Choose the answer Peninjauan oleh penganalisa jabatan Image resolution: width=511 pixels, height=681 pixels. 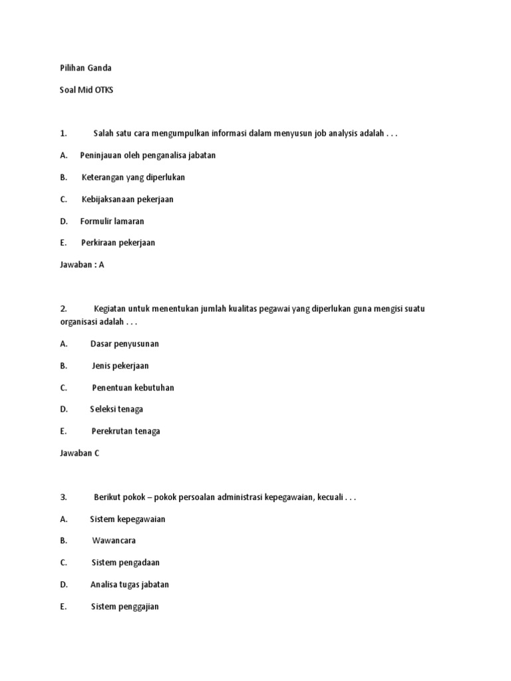pos(148,156)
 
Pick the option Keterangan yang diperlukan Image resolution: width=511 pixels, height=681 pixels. pos(133,178)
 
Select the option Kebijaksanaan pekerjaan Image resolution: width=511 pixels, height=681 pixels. pos(128,200)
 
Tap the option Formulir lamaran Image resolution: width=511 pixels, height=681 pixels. pos(112,221)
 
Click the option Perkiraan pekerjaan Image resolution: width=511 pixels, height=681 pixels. pos(118,243)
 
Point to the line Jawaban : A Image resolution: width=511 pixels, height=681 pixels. pos(82,265)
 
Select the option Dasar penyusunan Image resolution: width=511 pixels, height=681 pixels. pos(124,344)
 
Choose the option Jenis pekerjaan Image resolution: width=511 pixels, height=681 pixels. pos(120,366)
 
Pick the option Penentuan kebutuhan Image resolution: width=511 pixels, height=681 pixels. pos(133,388)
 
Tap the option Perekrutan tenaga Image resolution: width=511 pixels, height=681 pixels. pos(126,431)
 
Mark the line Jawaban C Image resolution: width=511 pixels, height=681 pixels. pos(79,453)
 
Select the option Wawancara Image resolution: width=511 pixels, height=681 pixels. pos(114,541)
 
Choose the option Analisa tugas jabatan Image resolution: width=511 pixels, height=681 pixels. pos(130,585)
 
